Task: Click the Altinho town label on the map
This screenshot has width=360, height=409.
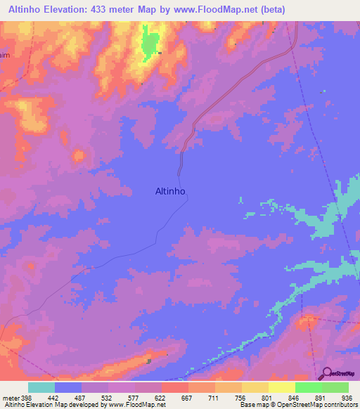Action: [x=169, y=190]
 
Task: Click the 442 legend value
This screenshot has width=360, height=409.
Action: [x=54, y=398]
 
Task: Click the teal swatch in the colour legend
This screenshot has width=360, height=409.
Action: [x=41, y=387]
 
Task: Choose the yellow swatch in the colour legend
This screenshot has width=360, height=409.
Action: [x=281, y=387]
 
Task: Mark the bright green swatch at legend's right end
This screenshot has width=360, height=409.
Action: [x=335, y=387]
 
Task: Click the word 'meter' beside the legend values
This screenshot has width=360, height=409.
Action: [x=10, y=398]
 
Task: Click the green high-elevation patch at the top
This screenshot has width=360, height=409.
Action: [x=148, y=44]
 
